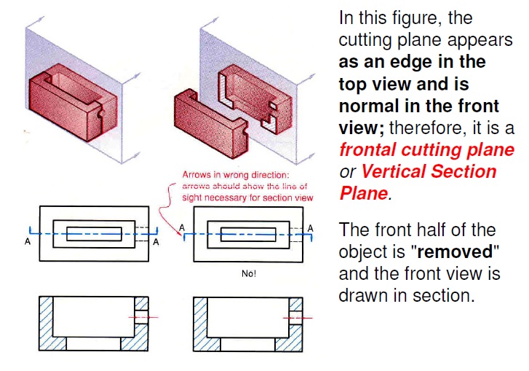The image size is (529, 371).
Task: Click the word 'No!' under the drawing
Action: (x=249, y=273)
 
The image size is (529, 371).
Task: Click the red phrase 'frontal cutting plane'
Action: (x=427, y=149)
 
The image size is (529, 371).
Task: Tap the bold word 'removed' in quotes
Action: (x=455, y=251)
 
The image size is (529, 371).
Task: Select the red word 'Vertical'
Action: (x=394, y=171)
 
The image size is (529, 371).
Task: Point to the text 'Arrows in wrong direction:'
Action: (x=236, y=175)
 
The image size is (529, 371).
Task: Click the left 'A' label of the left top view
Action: (x=28, y=241)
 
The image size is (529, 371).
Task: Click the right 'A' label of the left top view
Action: (x=156, y=242)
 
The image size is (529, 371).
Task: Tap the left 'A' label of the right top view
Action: (x=182, y=227)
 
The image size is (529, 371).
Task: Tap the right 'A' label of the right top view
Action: (x=311, y=228)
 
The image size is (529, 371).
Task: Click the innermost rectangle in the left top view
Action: (x=94, y=227)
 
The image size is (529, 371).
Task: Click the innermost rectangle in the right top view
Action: (x=248, y=227)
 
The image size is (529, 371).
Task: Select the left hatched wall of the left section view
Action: (x=47, y=323)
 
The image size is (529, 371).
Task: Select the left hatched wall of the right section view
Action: (x=200, y=324)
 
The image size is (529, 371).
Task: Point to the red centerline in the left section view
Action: (x=143, y=317)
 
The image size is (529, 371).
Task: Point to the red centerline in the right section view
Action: (x=298, y=318)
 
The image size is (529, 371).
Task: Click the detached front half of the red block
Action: (x=211, y=123)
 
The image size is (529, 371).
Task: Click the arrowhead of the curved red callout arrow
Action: (x=178, y=233)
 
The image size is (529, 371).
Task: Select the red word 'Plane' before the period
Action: (x=364, y=193)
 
